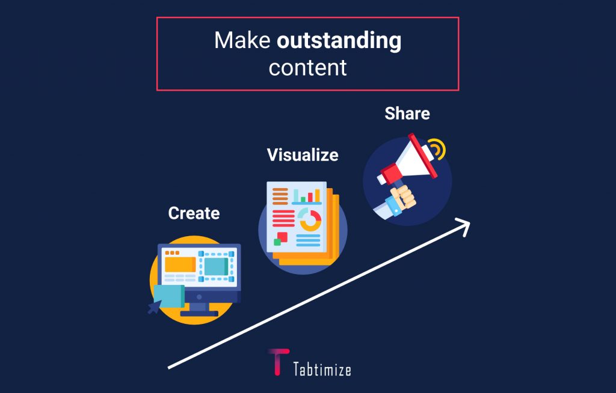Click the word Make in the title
coord(242,40)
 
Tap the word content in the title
coord(307,67)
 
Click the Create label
coord(194,213)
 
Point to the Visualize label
coord(303,154)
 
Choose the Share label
coord(407,114)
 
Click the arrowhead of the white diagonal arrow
coord(464,226)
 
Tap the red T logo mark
coord(278,361)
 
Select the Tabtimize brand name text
coord(322,370)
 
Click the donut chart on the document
coord(310,220)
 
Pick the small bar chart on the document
coord(306,195)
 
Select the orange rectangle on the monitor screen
coord(180,264)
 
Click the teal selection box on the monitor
coord(216,267)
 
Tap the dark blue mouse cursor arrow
coord(155,306)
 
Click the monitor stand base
coord(199,313)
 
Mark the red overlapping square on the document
coord(282,237)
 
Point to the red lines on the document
coord(283,218)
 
